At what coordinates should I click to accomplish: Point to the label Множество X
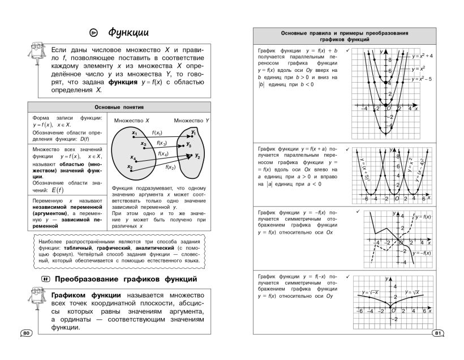click(x=131, y=121)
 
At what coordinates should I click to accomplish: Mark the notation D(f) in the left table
click(x=82, y=139)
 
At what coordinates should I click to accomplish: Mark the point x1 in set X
click(x=134, y=134)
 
